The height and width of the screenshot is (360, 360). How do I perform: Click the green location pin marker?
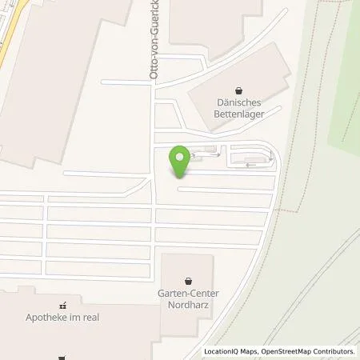click(182, 160)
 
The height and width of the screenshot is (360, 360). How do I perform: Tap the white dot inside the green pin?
click(182, 156)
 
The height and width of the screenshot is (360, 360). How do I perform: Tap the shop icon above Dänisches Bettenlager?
click(238, 90)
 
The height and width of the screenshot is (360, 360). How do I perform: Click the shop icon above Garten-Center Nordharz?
click(188, 281)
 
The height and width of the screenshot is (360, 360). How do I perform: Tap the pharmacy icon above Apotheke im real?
click(62, 305)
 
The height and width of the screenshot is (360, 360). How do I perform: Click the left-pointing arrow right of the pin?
click(252, 165)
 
